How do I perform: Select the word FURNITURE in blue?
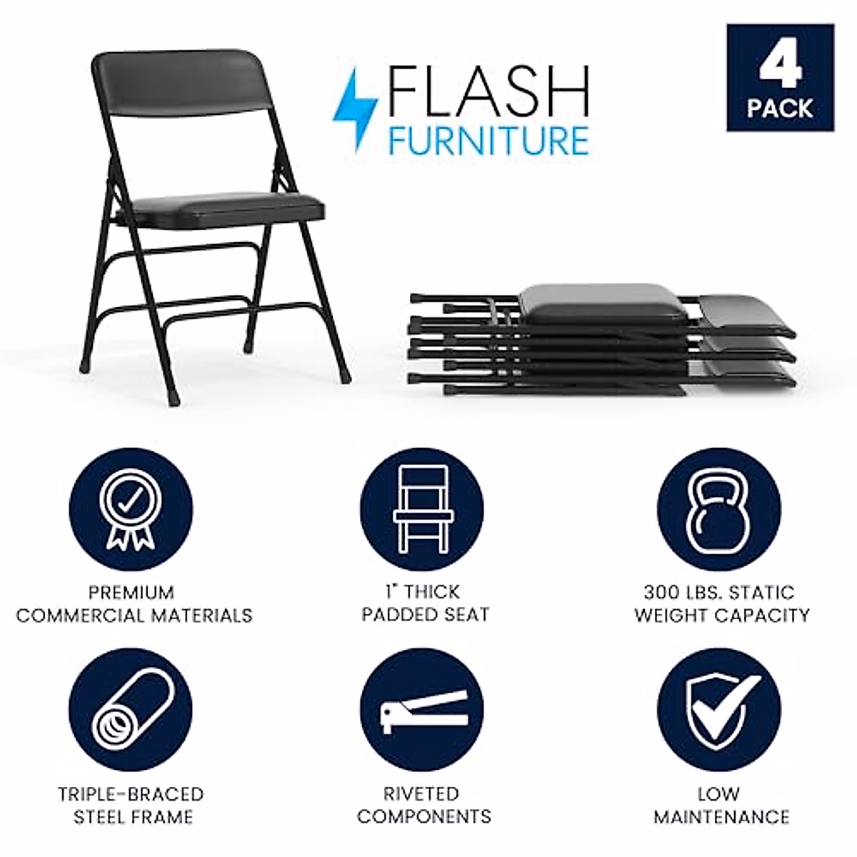coord(488,140)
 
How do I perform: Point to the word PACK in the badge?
coord(780,109)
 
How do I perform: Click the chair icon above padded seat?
coord(421,508)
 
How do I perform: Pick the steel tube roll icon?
coord(130,711)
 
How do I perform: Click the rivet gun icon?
coord(421,711)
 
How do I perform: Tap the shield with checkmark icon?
coord(718,711)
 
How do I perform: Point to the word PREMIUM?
coord(132,593)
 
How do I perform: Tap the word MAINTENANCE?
coord(721,816)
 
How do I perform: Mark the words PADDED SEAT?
coord(425,615)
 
